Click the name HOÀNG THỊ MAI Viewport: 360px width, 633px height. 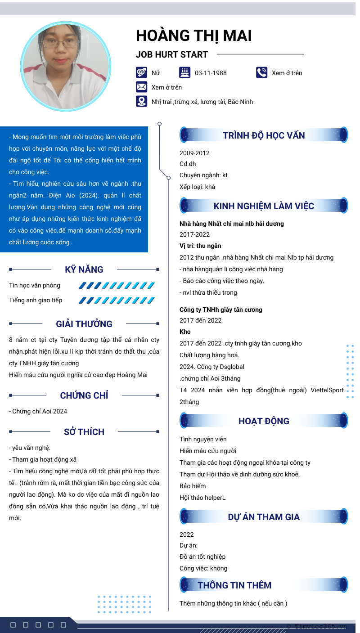point(194,36)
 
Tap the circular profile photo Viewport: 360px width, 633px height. point(66,66)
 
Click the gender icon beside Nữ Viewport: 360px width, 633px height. point(141,72)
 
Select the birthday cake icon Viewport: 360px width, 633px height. point(184,72)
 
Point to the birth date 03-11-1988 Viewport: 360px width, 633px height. point(211,73)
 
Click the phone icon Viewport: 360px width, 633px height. point(261,72)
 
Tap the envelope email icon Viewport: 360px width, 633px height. point(141,87)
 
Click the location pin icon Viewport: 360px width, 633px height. point(141,101)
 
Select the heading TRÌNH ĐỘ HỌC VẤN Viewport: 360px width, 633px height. point(264,135)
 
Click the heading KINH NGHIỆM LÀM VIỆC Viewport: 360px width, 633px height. point(264,206)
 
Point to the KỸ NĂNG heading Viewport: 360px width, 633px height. point(84,269)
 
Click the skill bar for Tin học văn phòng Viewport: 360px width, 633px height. point(117,285)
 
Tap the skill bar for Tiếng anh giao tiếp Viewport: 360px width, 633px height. point(117,300)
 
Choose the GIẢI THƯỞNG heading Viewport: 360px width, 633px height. point(84,324)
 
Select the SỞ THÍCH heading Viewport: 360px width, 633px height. point(84,432)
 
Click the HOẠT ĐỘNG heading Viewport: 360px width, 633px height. point(264,421)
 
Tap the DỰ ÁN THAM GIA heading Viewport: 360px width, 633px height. point(264,517)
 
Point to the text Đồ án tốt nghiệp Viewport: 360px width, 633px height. point(202,557)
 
